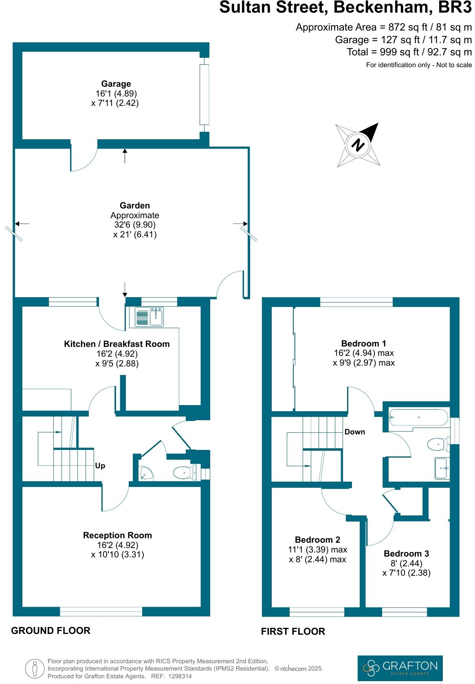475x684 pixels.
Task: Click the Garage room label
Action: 116,84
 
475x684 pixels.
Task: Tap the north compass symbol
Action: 358,145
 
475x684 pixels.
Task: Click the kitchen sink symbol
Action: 149,318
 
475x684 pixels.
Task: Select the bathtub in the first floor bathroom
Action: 418,417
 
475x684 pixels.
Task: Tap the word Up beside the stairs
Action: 100,466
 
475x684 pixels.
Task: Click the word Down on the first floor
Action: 354,432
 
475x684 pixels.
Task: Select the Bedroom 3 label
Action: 406,554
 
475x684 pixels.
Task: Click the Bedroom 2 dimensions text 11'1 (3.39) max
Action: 317,550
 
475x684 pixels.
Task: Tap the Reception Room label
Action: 117,535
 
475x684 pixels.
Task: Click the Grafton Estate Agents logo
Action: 400,668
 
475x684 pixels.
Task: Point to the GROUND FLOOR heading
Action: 51,631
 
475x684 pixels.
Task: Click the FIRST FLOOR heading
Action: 293,631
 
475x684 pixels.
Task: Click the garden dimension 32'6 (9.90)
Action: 135,225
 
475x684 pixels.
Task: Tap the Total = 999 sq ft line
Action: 409,52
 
